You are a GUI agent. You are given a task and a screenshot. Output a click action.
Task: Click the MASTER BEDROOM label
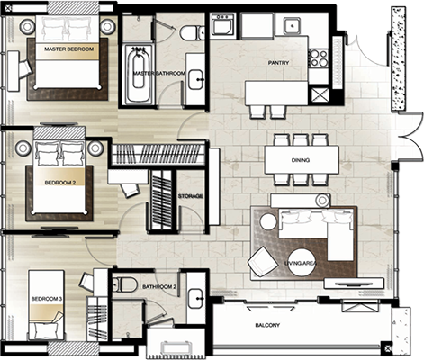tap(68, 49)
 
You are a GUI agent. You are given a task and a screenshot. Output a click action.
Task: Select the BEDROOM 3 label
tap(47, 299)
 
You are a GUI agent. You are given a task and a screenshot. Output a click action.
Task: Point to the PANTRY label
tap(278, 63)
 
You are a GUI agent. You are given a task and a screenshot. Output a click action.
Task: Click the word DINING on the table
tap(301, 160)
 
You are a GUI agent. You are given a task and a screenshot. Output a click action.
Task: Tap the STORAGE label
tap(191, 196)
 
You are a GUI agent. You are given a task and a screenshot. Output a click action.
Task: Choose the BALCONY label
tap(267, 325)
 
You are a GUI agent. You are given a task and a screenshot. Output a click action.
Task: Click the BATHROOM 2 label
tap(159, 287)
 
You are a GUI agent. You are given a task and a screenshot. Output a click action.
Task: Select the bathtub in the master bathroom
tap(139, 76)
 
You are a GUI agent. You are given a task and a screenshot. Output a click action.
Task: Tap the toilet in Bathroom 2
tap(123, 284)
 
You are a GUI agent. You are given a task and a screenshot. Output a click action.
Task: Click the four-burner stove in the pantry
tap(319, 58)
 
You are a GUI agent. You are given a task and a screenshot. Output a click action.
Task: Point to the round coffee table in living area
tap(302, 262)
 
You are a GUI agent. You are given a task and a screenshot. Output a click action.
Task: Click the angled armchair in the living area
tap(263, 262)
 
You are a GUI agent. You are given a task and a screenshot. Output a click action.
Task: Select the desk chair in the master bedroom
tap(24, 67)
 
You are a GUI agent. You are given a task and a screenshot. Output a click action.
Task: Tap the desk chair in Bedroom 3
tap(87, 281)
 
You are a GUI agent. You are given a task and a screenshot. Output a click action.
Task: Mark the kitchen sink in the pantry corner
tap(293, 25)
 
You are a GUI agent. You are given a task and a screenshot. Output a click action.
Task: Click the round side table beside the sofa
tap(268, 221)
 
